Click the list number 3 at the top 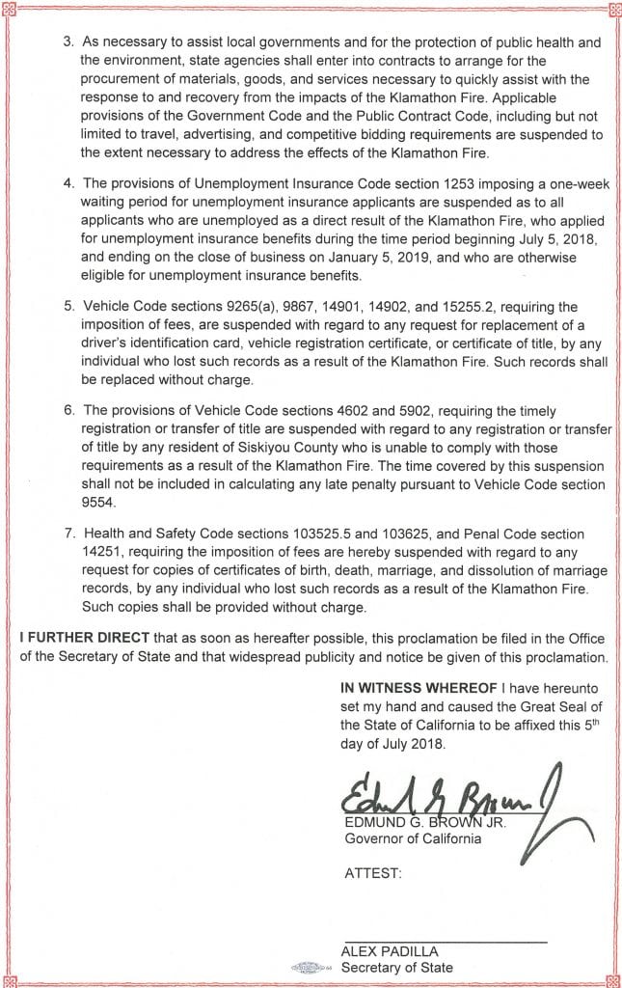tap(68, 43)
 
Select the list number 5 tap(68, 307)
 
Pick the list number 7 tap(68, 534)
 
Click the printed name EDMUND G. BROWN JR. tap(424, 822)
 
